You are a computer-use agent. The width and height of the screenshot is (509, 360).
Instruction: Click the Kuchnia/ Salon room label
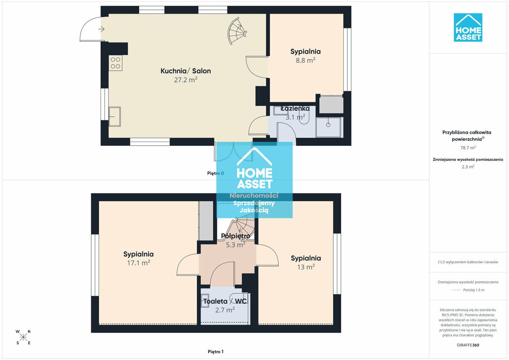click(x=186, y=71)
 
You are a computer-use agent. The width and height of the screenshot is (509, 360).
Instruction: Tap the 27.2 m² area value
click(x=186, y=80)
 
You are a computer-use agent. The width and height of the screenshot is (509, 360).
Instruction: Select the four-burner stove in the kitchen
click(x=115, y=63)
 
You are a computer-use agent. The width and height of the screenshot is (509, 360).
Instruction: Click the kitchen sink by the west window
click(x=115, y=117)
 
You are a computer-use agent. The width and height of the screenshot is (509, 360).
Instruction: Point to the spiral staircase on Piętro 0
click(x=237, y=31)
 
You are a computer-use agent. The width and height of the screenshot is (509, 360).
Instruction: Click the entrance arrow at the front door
click(x=101, y=29)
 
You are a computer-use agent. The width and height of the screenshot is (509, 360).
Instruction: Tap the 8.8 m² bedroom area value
click(x=305, y=61)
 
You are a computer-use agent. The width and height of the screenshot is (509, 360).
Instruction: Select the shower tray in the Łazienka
click(x=328, y=127)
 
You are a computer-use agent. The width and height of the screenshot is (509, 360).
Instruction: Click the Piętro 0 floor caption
click(x=215, y=173)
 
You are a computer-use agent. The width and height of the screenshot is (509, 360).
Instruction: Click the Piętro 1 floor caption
click(x=216, y=352)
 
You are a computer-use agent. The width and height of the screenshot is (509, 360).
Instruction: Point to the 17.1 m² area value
click(x=139, y=263)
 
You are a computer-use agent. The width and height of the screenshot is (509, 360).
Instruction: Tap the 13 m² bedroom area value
click(x=306, y=267)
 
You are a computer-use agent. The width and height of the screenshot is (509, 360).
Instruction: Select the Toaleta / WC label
click(x=225, y=301)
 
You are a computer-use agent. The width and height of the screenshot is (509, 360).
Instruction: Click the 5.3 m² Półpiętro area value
click(x=235, y=245)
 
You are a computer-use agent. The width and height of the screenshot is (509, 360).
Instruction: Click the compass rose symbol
click(x=23, y=337)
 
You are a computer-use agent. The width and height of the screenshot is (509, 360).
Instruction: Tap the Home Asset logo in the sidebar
click(x=468, y=27)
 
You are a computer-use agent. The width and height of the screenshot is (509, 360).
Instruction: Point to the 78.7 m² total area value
click(x=468, y=148)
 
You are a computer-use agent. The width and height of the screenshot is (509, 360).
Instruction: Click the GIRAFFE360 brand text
click(x=468, y=345)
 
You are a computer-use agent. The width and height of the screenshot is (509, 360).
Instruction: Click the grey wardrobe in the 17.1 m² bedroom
click(x=206, y=221)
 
